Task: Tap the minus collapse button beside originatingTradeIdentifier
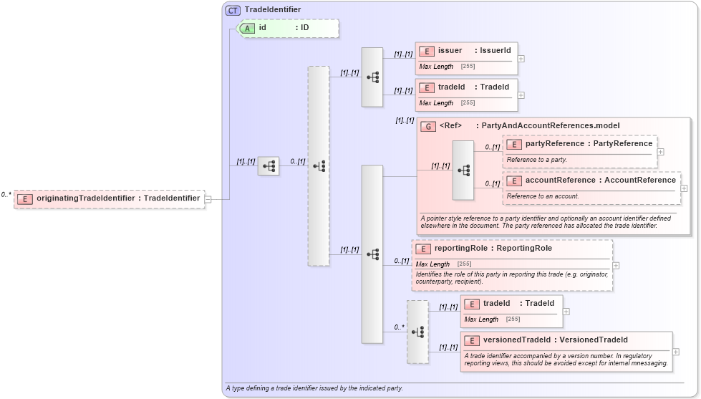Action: point(208,199)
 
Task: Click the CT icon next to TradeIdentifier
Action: point(233,10)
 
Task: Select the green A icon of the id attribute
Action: point(247,28)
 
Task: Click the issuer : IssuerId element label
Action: point(474,50)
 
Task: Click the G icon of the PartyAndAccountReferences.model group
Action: point(428,126)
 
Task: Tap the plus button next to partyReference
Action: point(660,152)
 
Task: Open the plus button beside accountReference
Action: point(684,188)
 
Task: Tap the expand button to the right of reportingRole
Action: point(616,265)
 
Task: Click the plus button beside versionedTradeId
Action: point(676,352)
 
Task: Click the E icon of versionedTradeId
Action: point(472,340)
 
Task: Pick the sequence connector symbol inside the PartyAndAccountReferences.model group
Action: point(463,170)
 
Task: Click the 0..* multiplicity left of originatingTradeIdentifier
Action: point(6,194)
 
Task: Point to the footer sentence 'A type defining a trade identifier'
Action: point(314,388)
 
